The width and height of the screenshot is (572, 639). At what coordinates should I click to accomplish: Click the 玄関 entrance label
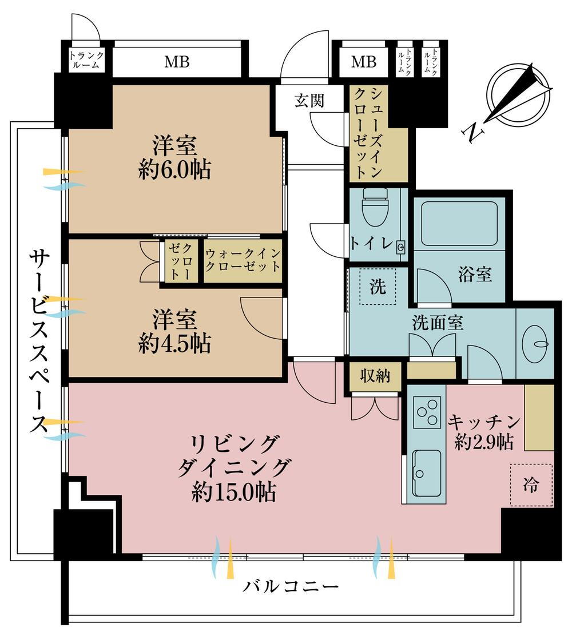click(x=309, y=100)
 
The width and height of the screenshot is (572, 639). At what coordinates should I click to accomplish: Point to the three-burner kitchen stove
click(x=427, y=412)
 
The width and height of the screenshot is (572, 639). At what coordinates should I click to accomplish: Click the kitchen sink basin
click(x=427, y=473)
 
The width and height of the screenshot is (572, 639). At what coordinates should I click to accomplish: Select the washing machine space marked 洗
click(x=378, y=287)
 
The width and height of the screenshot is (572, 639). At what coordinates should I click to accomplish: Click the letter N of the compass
click(x=472, y=133)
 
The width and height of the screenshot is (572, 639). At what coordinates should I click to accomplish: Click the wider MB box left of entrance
click(x=177, y=62)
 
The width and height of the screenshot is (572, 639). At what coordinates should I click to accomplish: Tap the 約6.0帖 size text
click(x=175, y=169)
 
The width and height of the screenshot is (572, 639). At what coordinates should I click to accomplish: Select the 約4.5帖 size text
click(x=175, y=344)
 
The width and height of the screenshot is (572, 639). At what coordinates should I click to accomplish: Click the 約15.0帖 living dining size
click(x=235, y=492)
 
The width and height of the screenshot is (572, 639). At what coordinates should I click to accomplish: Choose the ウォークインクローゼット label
click(x=243, y=260)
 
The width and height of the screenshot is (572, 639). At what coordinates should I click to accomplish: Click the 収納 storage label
click(x=375, y=375)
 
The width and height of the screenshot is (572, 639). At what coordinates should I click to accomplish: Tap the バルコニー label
click(x=291, y=586)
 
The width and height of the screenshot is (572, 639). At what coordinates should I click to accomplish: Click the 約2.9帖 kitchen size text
click(x=483, y=442)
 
